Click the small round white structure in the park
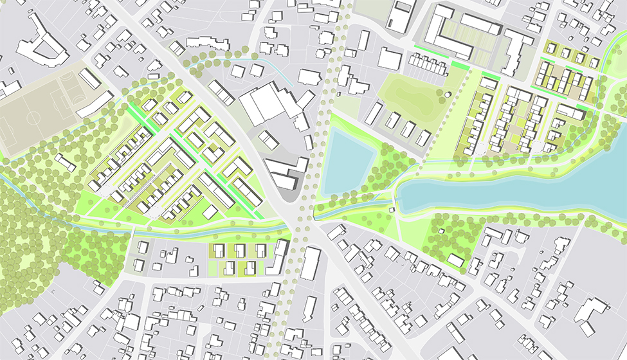coord(447,96)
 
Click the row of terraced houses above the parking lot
coord(430,64)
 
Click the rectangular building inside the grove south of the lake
coord(455,260)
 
